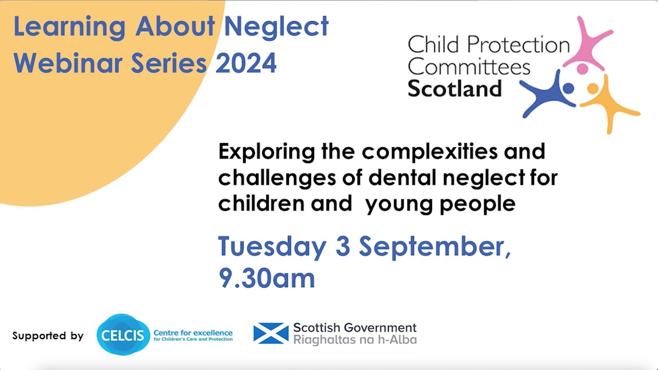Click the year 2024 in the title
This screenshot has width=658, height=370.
coord(246,63)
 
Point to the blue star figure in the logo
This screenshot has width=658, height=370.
coord(549,92)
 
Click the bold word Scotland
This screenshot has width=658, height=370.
coord(454,89)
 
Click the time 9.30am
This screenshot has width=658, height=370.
coord(267,278)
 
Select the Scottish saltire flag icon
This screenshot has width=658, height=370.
coord(271,334)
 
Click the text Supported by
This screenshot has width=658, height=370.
coord(48,336)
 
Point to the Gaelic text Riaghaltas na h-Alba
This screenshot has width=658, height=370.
coord(355,340)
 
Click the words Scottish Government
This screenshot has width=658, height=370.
coord(355,328)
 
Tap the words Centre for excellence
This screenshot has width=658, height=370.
coord(193,333)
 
